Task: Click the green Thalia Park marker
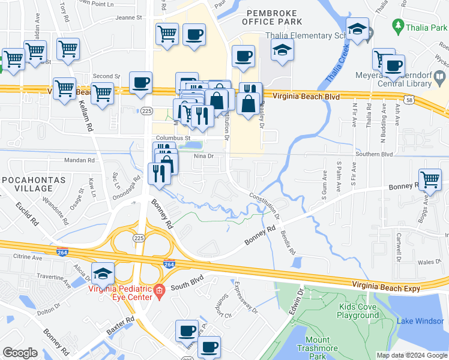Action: (x=397, y=26)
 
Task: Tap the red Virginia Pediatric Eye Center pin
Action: (x=158, y=292)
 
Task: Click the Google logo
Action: (x=20, y=353)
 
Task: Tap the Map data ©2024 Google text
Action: (x=411, y=355)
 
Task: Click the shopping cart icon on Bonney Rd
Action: (x=430, y=179)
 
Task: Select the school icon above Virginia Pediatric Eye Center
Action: (x=103, y=273)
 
